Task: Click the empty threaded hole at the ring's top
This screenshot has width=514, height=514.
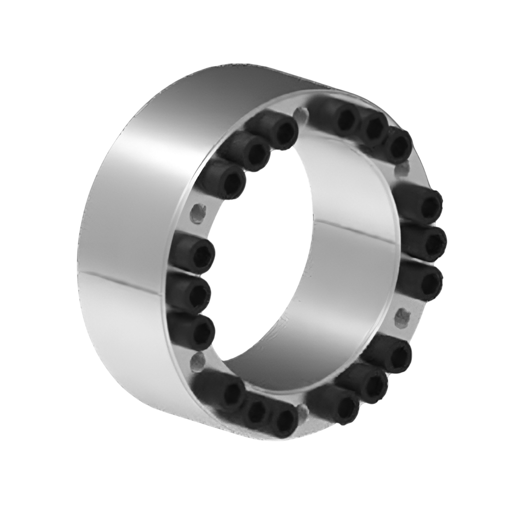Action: [x=300, y=114]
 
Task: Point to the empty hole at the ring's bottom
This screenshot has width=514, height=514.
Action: [x=301, y=409]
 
